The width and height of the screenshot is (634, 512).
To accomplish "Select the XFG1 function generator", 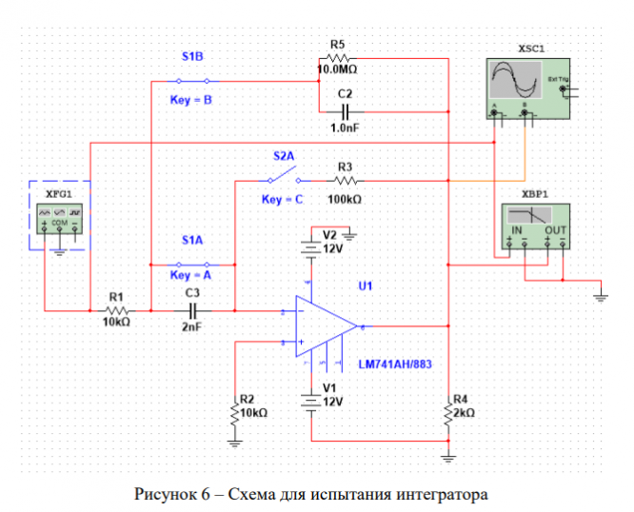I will tap(59, 215).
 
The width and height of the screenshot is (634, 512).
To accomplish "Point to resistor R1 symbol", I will tap(117, 309).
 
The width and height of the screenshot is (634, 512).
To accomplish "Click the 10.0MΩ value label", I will tap(337, 69).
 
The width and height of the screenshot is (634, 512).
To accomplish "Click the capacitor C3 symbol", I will tap(192, 309).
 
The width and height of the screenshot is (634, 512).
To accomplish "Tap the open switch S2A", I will tap(284, 177).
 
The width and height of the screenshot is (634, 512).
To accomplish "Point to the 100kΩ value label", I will tap(344, 199).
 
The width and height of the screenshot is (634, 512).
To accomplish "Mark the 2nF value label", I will tap(192, 326).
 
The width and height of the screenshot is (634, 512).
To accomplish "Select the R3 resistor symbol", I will tap(344, 178).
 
